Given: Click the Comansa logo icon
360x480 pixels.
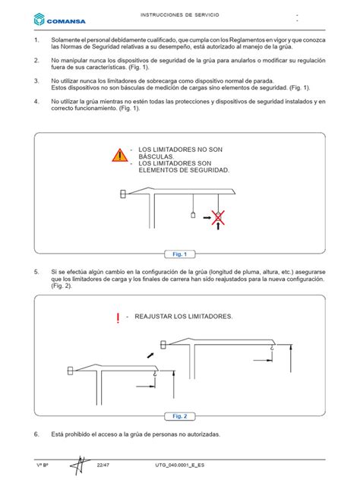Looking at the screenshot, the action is pyautogui.click(x=39, y=19).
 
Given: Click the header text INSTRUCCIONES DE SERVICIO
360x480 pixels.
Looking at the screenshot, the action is pyautogui.click(x=180, y=14).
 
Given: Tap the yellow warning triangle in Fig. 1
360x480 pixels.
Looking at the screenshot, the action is pyautogui.click(x=120, y=155).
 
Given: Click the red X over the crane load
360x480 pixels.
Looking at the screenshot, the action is pyautogui.click(x=218, y=217).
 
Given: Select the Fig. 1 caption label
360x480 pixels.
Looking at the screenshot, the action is pyautogui.click(x=180, y=254).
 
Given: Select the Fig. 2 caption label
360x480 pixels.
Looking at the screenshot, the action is pyautogui.click(x=180, y=416).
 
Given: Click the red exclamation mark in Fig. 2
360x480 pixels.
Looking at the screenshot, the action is pyautogui.click(x=118, y=318).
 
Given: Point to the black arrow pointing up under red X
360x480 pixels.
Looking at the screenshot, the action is pyautogui.click(x=218, y=226).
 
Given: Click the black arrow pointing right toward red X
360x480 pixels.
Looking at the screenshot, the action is pyautogui.click(x=207, y=218).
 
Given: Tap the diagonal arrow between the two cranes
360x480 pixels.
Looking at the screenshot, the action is pyautogui.click(x=150, y=355).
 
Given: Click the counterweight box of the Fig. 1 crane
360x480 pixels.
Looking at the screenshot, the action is pyautogui.click(x=123, y=194).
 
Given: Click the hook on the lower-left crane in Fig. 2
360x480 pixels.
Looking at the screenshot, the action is pyautogui.click(x=155, y=373).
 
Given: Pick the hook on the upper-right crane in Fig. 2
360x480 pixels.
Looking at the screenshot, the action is pyautogui.click(x=272, y=346).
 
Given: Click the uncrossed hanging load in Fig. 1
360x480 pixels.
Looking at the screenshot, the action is pyautogui.click(x=193, y=215).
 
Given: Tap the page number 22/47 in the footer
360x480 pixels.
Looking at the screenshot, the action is pyautogui.click(x=103, y=465).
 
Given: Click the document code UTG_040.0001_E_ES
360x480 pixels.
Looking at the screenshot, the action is pyautogui.click(x=179, y=465).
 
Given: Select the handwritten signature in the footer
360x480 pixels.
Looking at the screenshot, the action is pyautogui.click(x=81, y=466).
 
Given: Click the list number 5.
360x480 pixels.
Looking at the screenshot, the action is pyautogui.click(x=36, y=272).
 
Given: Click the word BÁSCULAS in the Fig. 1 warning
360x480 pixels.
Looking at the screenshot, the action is pyautogui.click(x=156, y=156).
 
